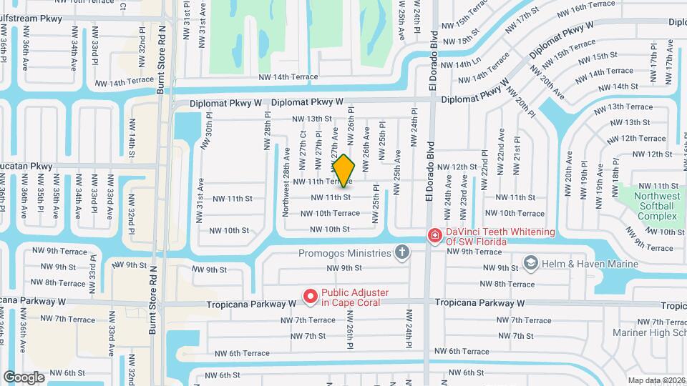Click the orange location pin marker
click(x=344, y=171)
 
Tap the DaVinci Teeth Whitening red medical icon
click(x=434, y=235)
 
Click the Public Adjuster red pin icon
click(x=310, y=295)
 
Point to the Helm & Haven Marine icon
click(x=530, y=264)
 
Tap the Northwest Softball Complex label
click(x=647, y=206)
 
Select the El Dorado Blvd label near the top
click(x=432, y=44)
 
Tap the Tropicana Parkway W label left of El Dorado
click(x=251, y=304)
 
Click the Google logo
click(x=24, y=377)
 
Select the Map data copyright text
click(x=656, y=380)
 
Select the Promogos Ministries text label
click(x=346, y=253)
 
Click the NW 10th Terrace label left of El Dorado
click(x=330, y=213)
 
